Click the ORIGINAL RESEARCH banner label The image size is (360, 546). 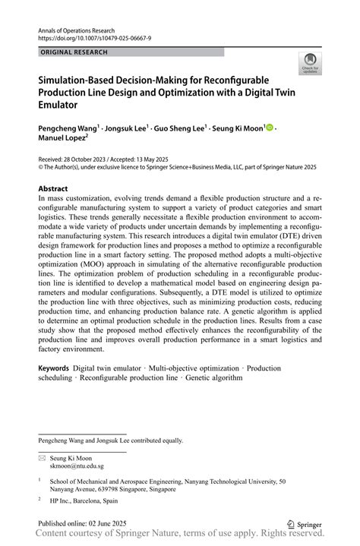(x=74, y=52)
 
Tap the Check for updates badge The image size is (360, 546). (x=309, y=63)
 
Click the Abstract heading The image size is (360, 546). (x=53, y=188)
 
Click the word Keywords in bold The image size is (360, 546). (x=53, y=368)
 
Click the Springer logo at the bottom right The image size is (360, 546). (x=305, y=523)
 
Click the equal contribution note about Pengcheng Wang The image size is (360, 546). (x=110, y=440)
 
